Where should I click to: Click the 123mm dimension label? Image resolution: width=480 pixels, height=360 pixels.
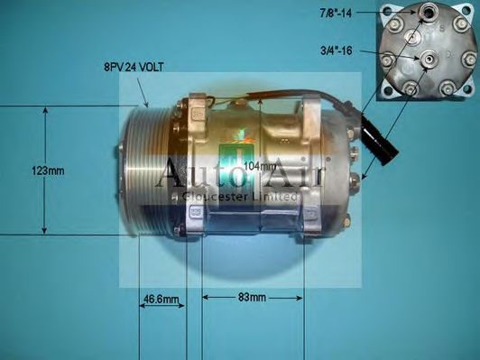coord(48,171)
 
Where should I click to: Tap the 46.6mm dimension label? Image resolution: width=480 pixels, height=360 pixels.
coord(161,299)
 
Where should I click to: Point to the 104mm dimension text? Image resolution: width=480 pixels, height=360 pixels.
coord(261,166)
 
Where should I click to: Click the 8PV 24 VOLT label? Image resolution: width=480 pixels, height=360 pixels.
coord(134,67)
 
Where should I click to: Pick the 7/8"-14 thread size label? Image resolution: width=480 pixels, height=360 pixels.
coord(336,14)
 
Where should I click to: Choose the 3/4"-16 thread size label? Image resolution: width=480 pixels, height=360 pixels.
coord(337,51)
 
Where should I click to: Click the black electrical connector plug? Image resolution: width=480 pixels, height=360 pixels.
coord(380,139)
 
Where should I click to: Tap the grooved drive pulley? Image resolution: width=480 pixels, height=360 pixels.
coord(147,171)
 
